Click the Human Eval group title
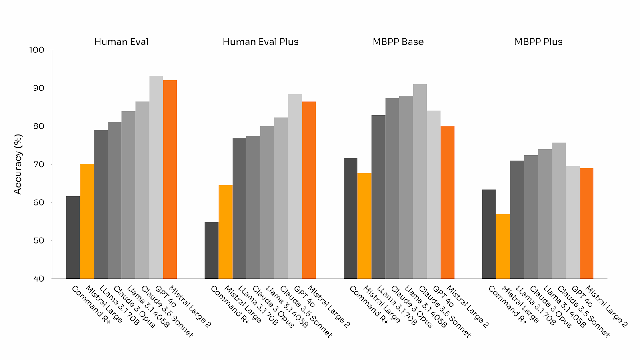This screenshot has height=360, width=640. pos(121,42)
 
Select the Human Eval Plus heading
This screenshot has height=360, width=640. pos(260,42)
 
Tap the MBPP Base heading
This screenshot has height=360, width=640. pos(398,42)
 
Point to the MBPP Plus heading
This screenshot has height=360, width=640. pos(538,42)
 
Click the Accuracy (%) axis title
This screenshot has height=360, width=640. pos(18,164)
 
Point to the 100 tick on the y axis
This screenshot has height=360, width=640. pos(36,50)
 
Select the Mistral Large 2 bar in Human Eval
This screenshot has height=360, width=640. pos(170,180)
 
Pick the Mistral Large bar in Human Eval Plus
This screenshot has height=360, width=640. pos(226,232)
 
